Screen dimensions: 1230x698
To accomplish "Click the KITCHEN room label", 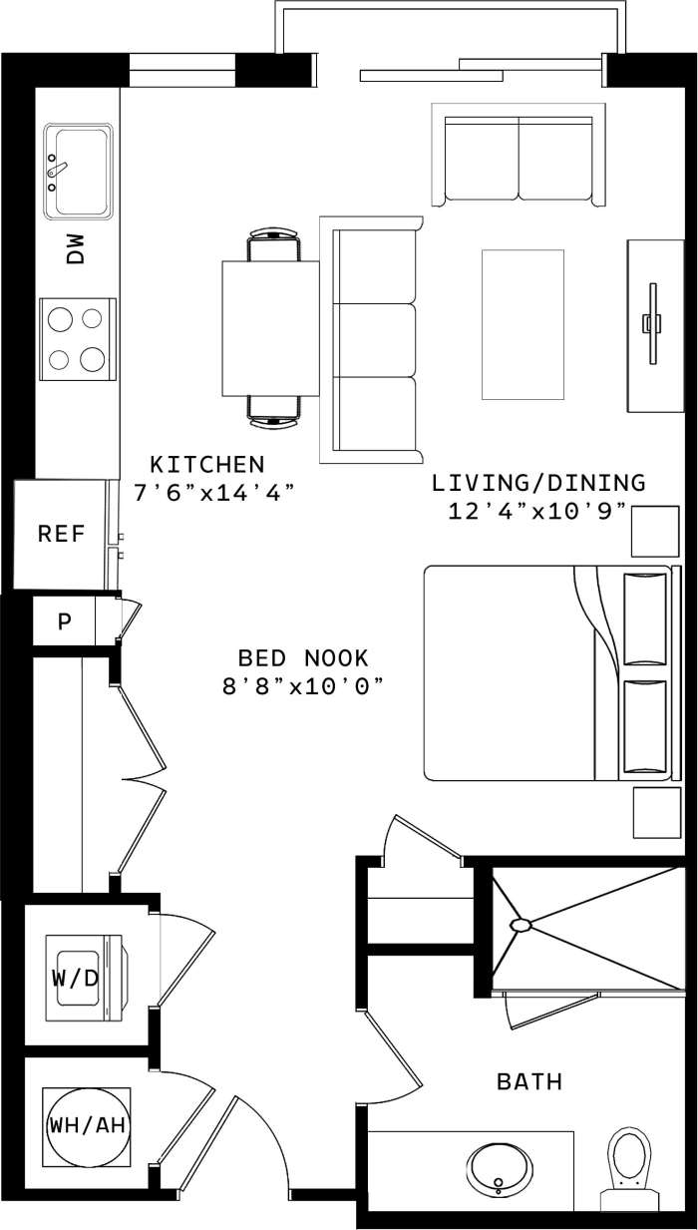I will coord(207,464).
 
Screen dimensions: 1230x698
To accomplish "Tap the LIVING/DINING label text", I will coord(538,484).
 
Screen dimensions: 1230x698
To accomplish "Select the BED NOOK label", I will coord(303,658).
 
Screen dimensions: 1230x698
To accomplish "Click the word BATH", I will coord(529,1081).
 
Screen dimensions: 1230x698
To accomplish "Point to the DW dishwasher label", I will coord(77,249).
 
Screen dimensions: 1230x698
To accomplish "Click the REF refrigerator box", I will coord(61,534).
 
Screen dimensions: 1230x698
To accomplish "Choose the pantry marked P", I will coord(65,622).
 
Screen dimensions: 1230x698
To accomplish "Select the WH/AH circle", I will coord(88,1126).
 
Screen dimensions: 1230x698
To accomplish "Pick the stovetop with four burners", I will coord(77,339).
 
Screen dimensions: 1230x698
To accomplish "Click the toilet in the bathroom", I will coord(629,1159).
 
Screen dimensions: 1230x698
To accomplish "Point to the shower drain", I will coord(521,925).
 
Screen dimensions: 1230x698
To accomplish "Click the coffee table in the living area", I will coord(523,324).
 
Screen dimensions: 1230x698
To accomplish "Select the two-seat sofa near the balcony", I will coord(519,160).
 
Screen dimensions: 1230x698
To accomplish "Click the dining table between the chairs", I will coord(269,327).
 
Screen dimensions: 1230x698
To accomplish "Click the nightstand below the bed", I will coord(655,812).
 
